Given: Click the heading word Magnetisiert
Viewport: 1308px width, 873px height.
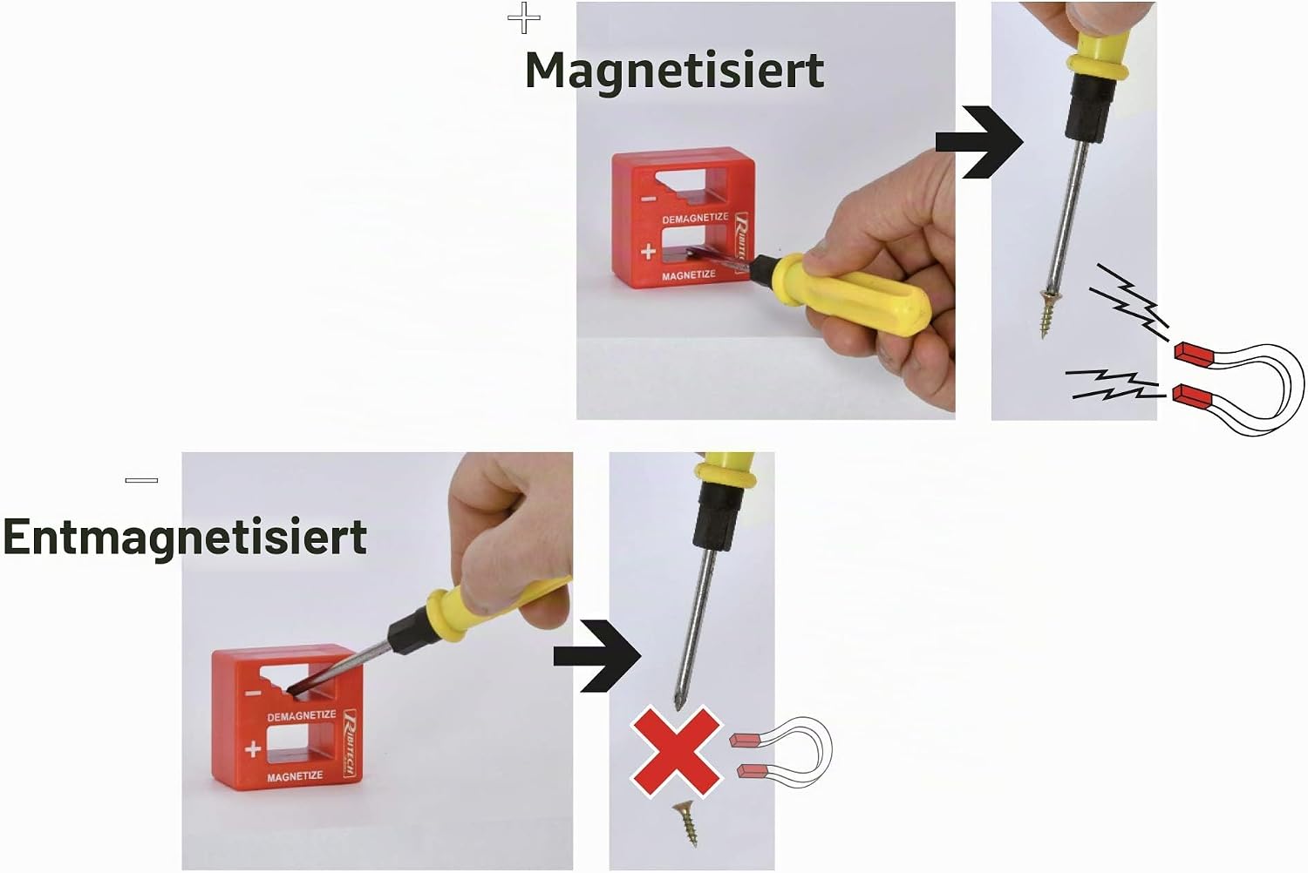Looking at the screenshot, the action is (x=674, y=71).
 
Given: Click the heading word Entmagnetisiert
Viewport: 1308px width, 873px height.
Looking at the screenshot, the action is (x=185, y=537).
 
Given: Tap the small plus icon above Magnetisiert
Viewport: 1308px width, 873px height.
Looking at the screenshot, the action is (x=524, y=18).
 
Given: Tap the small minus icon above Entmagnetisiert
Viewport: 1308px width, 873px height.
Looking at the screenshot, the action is (x=141, y=480).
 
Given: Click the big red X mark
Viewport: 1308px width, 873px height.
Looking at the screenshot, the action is (x=676, y=752).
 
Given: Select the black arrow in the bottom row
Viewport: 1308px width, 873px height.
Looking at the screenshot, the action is (x=597, y=656).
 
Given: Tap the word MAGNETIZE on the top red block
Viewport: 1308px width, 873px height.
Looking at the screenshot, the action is (x=689, y=274).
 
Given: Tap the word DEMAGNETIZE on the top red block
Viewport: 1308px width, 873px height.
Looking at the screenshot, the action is (x=695, y=218).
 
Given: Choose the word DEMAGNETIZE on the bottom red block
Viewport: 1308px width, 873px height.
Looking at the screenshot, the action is (x=302, y=715).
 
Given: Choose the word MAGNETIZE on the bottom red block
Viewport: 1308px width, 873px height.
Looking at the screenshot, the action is (x=295, y=776).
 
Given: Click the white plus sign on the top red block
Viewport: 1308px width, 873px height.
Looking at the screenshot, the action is (x=648, y=252).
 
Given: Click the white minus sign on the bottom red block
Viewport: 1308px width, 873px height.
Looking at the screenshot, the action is (x=253, y=694).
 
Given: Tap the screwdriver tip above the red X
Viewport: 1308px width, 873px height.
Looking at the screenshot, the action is (x=678, y=704).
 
